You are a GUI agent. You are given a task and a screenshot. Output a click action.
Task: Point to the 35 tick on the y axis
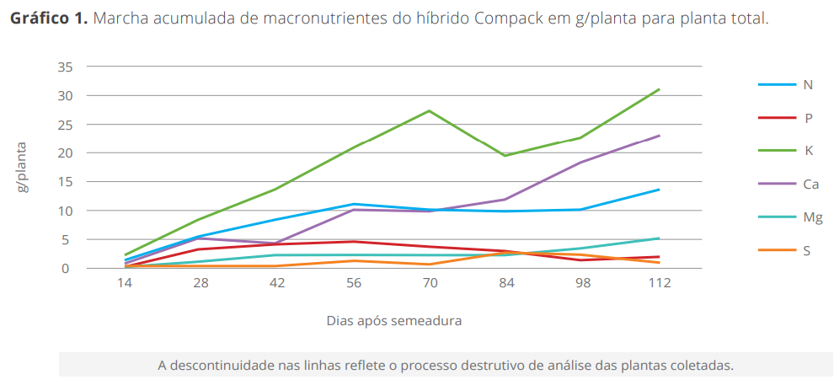pos(67,67)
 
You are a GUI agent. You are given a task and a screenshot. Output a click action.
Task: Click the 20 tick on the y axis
pos(67,153)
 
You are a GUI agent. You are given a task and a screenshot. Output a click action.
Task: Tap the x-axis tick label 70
pos(430,283)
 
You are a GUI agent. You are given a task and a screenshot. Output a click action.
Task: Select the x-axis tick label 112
pos(659,283)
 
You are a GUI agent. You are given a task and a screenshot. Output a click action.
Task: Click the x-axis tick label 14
pos(125,283)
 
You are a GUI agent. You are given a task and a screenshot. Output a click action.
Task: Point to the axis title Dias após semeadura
pos(393,321)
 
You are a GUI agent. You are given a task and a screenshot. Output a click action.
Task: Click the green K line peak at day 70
pos(430,110)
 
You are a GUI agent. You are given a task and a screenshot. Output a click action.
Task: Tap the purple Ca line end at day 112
pos(659,136)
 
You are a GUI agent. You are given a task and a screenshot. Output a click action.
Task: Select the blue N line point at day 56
pos(354,204)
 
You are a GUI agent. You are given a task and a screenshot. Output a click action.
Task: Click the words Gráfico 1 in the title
pos(48,19)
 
